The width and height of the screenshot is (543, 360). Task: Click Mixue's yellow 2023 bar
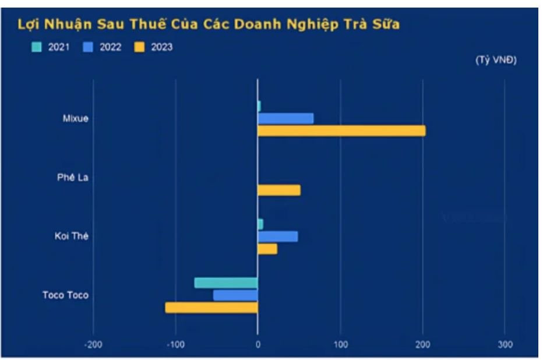[341, 130]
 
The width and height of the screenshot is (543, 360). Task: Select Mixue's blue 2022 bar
[285, 118]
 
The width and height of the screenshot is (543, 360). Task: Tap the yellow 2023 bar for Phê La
[279, 190]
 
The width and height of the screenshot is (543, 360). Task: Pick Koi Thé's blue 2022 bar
[278, 237]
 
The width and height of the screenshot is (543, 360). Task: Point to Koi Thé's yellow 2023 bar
[267, 249]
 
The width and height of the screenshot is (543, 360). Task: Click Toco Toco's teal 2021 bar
[226, 283]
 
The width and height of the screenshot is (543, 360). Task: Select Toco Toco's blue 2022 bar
[235, 295]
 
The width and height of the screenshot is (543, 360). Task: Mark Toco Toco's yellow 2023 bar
[211, 307]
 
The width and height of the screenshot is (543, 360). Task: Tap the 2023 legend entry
[154, 47]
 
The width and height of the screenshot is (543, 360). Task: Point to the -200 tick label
[93, 345]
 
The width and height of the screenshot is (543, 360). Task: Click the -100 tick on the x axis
[175, 345]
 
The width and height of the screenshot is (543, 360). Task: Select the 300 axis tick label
[505, 345]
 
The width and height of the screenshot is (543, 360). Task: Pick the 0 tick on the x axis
[258, 345]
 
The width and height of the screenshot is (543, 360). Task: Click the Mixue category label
[76, 118]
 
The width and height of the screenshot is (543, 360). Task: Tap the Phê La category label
[76, 178]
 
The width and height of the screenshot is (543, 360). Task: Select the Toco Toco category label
[65, 295]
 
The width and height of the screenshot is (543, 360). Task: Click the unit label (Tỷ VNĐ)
[496, 61]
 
